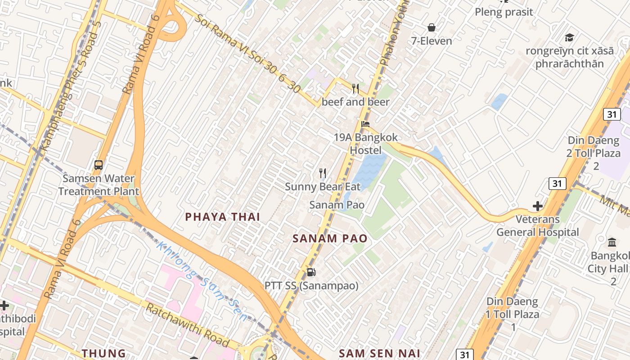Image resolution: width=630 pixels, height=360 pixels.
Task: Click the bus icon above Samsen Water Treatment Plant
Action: click(x=99, y=165)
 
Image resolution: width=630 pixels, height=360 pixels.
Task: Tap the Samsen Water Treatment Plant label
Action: click(x=99, y=184)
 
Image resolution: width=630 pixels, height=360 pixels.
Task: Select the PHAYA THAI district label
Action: click(x=223, y=217)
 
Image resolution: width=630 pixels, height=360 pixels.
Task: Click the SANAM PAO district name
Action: click(x=330, y=238)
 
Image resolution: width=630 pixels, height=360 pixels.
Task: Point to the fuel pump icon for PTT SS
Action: click(x=311, y=272)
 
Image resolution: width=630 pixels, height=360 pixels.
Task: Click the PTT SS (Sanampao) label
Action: click(x=311, y=286)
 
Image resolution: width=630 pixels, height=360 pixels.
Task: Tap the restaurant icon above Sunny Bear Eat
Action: click(x=322, y=173)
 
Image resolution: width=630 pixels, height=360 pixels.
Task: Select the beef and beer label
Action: click(x=355, y=102)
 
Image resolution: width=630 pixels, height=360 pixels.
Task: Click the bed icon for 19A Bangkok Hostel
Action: click(x=365, y=124)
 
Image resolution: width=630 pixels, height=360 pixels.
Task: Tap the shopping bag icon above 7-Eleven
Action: click(x=432, y=28)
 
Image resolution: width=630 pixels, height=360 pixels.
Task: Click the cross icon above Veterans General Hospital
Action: click(x=537, y=206)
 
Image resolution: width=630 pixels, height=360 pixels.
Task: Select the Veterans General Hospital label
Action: click(x=537, y=226)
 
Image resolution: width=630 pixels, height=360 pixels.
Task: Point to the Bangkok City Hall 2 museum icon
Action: click(x=612, y=243)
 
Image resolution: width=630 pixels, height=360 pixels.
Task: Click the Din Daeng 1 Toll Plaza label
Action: click(x=513, y=308)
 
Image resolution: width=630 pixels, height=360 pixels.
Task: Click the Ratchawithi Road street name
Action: click(x=188, y=325)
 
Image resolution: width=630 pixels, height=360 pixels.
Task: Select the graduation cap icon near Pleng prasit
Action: click(x=569, y=37)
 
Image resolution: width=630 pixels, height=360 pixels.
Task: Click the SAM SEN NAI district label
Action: click(x=379, y=353)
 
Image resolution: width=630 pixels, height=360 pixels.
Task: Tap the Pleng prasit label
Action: click(x=504, y=12)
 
